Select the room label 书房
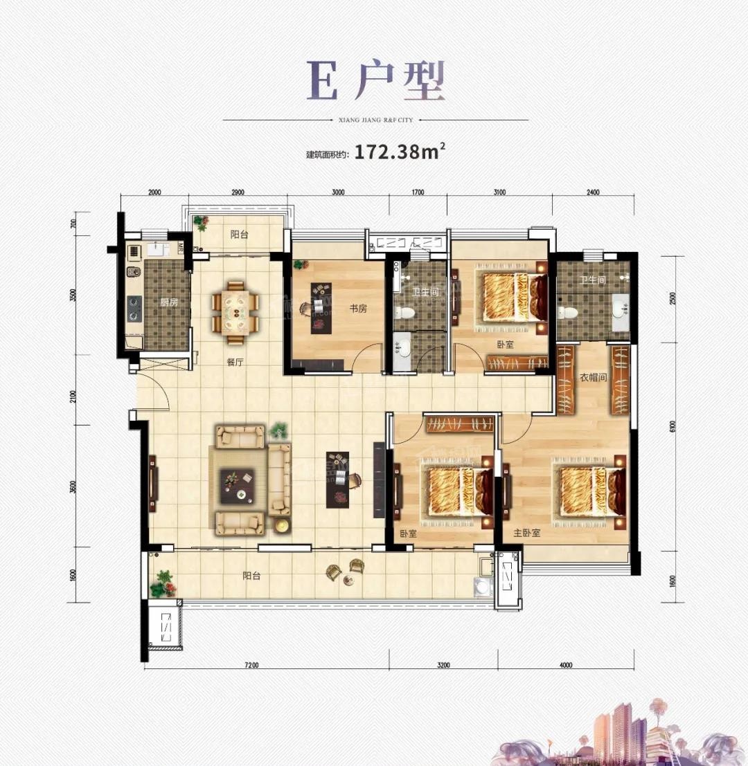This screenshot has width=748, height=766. click(x=358, y=309)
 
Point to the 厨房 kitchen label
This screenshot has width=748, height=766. click(x=169, y=302)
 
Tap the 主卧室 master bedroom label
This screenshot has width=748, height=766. click(x=526, y=534)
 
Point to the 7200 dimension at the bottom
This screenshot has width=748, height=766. click(x=251, y=666)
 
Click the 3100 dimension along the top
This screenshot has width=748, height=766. click(x=499, y=192)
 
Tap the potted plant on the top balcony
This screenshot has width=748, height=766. click(x=201, y=223)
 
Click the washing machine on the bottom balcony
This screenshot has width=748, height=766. click(x=481, y=587)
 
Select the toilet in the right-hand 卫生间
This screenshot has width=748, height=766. click(x=569, y=311)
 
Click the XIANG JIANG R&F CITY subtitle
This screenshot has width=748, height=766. click(x=376, y=120)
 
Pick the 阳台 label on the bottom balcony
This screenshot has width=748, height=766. click(x=251, y=575)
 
